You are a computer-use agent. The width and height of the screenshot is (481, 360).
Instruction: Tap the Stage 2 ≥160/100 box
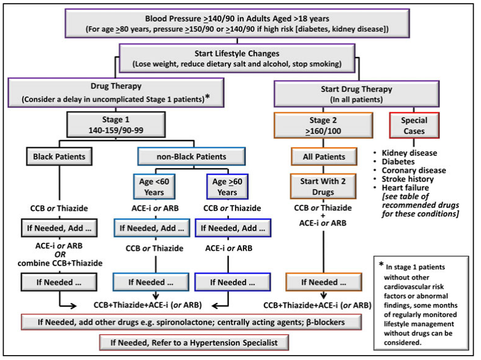pos(324,125)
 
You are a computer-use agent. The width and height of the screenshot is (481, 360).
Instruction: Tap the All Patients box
pos(324,156)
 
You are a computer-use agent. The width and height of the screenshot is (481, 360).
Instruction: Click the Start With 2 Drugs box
pos(324,187)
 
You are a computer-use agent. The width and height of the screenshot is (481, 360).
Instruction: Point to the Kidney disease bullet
pos(407,151)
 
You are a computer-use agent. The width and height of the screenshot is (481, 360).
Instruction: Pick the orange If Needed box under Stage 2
pos(323,282)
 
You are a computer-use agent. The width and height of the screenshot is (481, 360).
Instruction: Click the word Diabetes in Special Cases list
pos(399,161)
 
